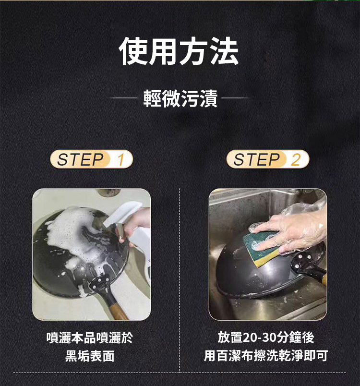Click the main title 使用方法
(179, 51)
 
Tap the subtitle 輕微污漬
(180, 98)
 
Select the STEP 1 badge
(91, 159)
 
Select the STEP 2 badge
(268, 159)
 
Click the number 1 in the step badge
(120, 159)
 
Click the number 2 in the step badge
(296, 159)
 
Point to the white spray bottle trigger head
(122, 214)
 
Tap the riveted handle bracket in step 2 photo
(303, 262)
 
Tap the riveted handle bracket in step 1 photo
(100, 283)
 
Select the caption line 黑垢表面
(90, 356)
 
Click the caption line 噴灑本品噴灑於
(90, 338)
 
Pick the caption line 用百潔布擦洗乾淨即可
(266, 356)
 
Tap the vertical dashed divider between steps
(180, 280)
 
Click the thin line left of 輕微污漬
(122, 98)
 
